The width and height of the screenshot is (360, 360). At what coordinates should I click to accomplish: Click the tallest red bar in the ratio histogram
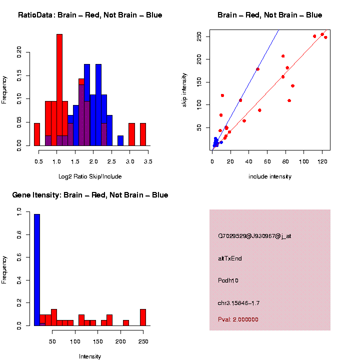tap(59, 90)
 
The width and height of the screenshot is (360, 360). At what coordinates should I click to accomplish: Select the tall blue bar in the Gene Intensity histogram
tap(37, 270)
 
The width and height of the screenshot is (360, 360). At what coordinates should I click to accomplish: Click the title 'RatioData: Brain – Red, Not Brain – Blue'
tap(90, 15)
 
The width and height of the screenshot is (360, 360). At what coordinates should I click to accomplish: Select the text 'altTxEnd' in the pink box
tap(230, 258)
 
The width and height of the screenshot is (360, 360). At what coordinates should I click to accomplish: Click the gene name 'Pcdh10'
tap(228, 280)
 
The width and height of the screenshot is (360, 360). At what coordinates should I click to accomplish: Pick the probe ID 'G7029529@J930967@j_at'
tap(254, 236)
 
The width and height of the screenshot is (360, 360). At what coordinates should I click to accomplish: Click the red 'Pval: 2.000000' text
tap(238, 319)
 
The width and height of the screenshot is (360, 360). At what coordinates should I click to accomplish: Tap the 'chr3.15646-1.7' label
tap(238, 303)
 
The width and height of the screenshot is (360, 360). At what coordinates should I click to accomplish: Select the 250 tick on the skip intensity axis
tap(199, 36)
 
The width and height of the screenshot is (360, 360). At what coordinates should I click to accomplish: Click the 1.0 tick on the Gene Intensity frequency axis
tap(19, 213)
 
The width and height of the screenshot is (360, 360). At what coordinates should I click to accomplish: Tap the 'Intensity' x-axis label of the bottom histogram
tap(90, 356)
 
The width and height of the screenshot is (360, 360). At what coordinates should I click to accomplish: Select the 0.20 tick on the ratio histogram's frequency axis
tap(19, 52)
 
